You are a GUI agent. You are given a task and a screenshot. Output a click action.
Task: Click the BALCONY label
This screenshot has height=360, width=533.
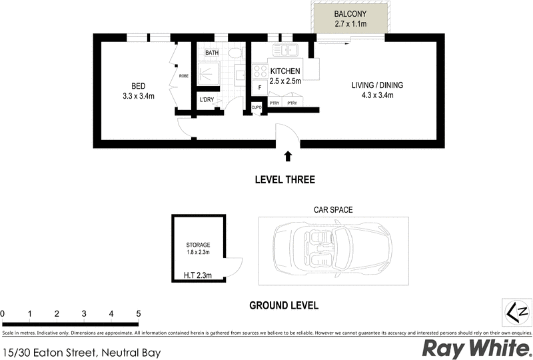click(350, 13)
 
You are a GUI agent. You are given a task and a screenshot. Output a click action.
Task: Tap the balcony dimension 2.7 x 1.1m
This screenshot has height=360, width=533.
click(350, 24)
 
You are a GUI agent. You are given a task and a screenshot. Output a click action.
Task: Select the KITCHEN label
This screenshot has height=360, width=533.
click(286, 71)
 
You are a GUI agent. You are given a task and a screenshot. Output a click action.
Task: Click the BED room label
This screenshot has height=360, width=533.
click(138, 86)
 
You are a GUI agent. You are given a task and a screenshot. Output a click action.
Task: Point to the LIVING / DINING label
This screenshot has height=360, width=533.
click(377, 85)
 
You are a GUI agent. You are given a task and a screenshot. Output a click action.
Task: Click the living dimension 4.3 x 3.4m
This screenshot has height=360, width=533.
click(377, 95)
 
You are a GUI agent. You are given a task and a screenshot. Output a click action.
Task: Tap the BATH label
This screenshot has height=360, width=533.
click(212, 53)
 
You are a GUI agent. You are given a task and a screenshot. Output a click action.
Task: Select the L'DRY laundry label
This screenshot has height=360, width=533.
click(207, 100)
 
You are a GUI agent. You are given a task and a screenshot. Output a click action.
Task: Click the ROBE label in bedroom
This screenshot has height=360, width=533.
click(183, 76)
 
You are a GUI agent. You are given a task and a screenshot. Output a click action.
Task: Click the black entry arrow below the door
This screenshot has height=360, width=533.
click(288, 157)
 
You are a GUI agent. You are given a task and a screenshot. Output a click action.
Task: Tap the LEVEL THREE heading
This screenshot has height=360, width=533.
click(284, 180)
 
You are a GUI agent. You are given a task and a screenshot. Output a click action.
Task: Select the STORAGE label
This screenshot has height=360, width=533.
click(198, 245)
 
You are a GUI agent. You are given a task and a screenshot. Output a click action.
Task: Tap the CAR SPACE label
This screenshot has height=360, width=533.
click(333, 209)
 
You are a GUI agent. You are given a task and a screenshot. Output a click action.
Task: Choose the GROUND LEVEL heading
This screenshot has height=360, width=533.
click(284, 306)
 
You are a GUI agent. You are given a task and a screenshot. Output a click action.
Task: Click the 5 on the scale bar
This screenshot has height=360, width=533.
click(138, 313)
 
